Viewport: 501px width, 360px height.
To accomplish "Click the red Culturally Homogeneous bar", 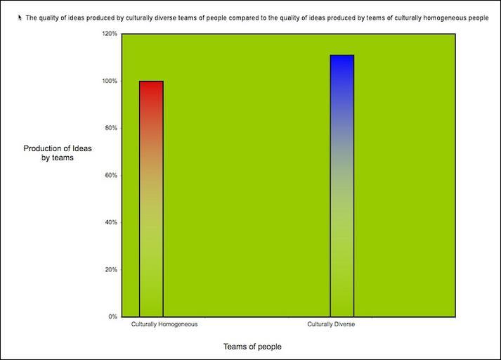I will [151, 198].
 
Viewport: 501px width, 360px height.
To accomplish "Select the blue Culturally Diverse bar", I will [341, 186].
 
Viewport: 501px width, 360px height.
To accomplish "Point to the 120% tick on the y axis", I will [109, 34].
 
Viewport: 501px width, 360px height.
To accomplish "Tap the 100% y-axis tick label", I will [109, 81].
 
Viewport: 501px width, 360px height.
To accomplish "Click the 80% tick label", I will [110, 128].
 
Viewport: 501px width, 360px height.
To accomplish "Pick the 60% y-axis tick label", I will [110, 175].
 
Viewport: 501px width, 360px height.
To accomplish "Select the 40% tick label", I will [110, 222].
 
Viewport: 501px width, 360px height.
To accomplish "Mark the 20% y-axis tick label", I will [110, 269].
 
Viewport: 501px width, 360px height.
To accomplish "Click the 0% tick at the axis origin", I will [112, 316].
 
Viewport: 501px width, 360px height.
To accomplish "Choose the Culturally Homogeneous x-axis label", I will [164, 324].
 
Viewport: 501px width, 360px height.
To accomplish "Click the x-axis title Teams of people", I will [252, 347].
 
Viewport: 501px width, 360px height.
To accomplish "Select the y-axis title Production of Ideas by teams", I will [58, 153].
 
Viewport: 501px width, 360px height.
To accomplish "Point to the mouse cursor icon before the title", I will [20, 18].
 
